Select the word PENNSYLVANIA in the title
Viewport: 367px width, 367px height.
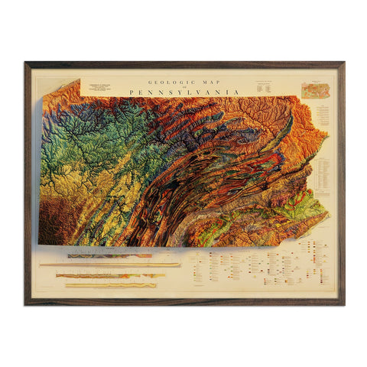click(x=184, y=93)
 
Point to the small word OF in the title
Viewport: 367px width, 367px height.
click(x=184, y=86)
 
